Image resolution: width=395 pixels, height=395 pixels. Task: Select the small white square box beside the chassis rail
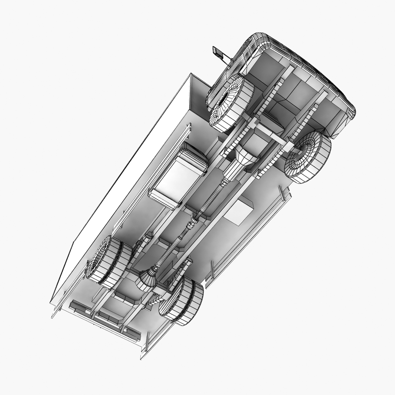238,211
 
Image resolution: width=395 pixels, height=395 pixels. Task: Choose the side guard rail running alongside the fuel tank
154,172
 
